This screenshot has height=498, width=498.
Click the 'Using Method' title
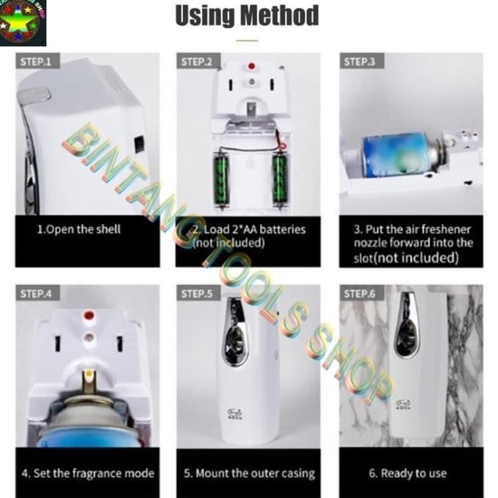coord(247,16)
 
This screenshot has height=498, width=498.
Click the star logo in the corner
coord(23,23)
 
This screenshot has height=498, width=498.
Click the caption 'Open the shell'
coord(79,229)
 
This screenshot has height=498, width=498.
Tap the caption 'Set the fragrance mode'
coord(87,473)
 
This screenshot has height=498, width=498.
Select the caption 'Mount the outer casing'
coord(248,473)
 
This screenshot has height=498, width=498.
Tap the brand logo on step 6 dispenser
coord(403,403)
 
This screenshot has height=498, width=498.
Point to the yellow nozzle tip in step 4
coord(89,375)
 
